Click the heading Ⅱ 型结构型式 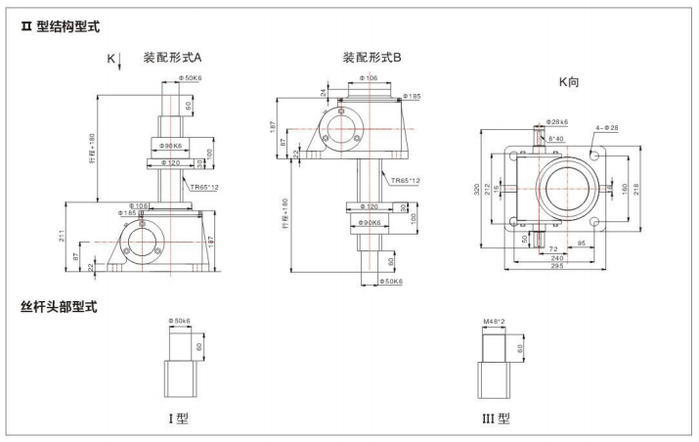[61, 26]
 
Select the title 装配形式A [172, 57]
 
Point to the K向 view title [568, 82]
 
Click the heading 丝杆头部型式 [59, 307]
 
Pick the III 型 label [498, 419]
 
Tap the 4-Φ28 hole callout [610, 128]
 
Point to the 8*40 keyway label [555, 139]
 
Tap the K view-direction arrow [119, 63]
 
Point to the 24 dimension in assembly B [324, 93]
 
